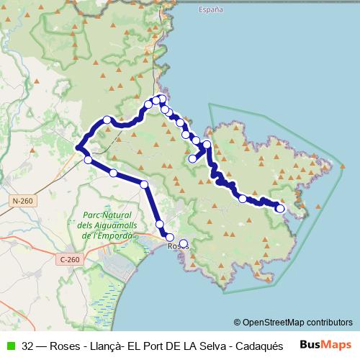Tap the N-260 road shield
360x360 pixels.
21,200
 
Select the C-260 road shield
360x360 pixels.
68,259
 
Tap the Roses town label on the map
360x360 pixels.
177,246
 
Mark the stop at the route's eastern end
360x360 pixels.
280,209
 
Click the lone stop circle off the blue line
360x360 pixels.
184,243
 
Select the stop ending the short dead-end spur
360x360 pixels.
192,158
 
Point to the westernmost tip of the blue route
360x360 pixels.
77,148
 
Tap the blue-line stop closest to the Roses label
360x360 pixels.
170,237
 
